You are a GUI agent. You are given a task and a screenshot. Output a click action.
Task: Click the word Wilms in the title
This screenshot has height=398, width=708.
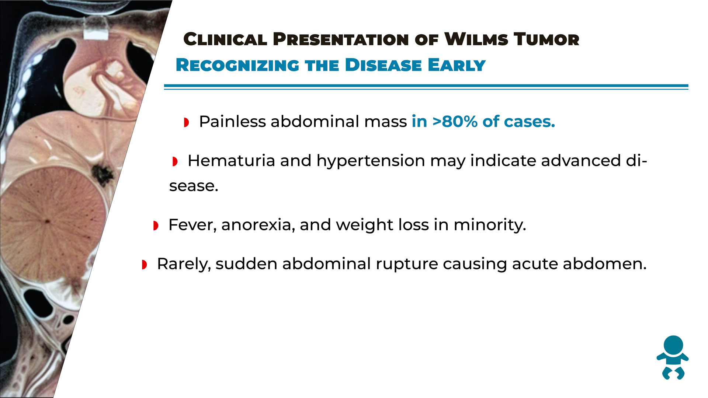click(x=476, y=39)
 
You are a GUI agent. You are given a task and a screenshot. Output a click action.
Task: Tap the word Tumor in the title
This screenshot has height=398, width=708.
click(x=546, y=39)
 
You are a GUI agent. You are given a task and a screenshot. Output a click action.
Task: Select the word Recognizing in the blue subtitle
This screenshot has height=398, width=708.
click(x=237, y=65)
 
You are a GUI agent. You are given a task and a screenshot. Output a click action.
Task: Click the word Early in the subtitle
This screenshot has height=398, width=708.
click(x=457, y=65)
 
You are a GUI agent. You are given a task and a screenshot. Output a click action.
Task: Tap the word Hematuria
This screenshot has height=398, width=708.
click(x=231, y=161)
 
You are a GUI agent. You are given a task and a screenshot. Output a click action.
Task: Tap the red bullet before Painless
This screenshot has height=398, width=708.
click(x=187, y=122)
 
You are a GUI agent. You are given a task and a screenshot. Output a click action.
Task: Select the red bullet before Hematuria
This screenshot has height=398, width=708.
click(x=175, y=161)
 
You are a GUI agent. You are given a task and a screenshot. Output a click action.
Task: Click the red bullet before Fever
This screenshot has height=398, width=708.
click(x=156, y=226)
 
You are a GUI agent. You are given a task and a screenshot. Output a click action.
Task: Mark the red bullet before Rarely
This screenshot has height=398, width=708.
click(x=144, y=265)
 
